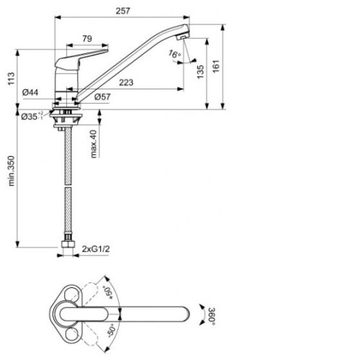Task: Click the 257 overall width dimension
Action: click(122, 11)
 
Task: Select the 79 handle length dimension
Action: click(87, 39)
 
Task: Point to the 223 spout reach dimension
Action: click(126, 83)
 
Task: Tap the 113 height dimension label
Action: click(12, 78)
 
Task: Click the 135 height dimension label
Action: click(200, 71)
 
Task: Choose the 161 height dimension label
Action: click(216, 66)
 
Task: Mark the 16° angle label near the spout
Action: click(174, 54)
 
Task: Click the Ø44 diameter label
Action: click(30, 92)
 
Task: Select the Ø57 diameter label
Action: click(102, 96)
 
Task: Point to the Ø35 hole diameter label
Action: click(32, 116)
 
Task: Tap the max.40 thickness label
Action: click(94, 144)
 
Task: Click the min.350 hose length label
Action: click(12, 171)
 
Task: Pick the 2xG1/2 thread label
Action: click(96, 249)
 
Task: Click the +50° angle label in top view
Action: click(109, 292)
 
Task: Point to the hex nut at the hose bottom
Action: click(68, 244)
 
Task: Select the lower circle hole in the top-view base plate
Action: click(71, 334)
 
